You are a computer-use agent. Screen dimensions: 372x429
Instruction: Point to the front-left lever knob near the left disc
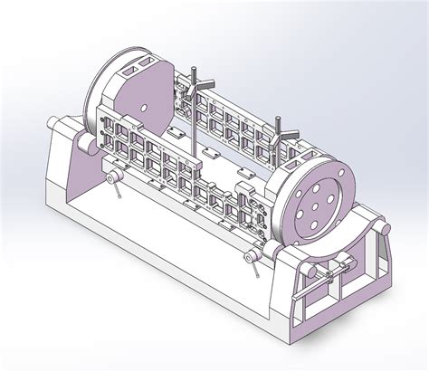tap(115, 178)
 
